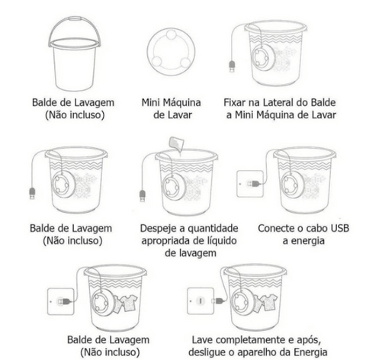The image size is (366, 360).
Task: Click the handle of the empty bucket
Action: coord(74,19)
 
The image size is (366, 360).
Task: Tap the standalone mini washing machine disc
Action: coord(171,52)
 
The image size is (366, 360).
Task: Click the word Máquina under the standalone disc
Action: coord(182,102)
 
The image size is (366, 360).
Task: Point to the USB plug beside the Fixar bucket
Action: coord(232,66)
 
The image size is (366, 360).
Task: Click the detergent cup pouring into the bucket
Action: coord(176,143)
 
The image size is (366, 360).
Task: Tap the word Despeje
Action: coord(158,229)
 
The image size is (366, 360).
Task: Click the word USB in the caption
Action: coord(339,228)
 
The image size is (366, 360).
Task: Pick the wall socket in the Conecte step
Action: coord(250,184)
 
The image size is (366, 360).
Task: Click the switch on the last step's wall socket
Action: coord(201,301)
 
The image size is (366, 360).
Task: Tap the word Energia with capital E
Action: coord(310,352)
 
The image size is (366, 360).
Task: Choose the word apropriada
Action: coord(167,241)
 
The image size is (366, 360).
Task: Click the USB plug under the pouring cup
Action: coord(143,196)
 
